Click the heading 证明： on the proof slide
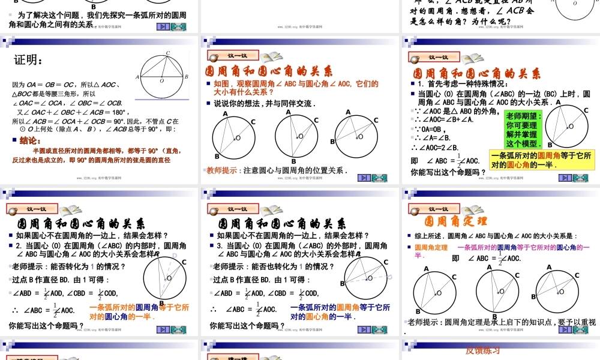(29, 60)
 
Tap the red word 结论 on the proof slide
(29, 140)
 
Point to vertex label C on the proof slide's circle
(168, 53)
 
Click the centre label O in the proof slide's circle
(161, 80)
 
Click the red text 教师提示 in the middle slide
(223, 170)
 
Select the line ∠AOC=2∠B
(435, 148)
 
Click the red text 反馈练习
(483, 350)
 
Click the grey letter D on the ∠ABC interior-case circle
(175, 256)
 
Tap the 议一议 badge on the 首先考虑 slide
(431, 58)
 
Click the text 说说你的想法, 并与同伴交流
(265, 104)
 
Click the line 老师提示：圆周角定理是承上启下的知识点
(502, 323)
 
